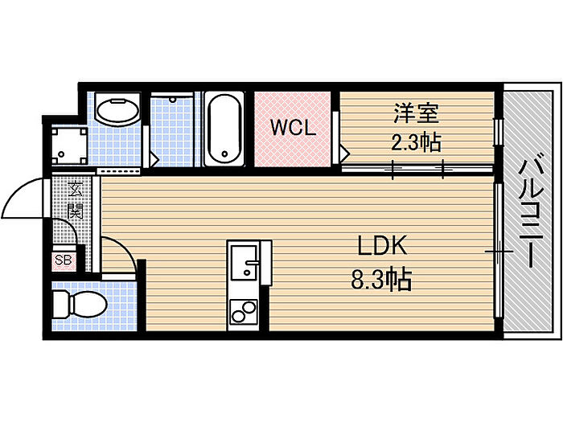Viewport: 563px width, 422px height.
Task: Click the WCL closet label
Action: [x=293, y=127]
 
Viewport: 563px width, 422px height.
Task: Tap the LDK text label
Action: [x=383, y=245]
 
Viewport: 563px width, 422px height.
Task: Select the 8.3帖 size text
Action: [x=381, y=280]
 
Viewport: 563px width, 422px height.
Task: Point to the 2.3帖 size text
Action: [x=416, y=142]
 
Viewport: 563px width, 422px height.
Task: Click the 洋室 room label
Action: [x=416, y=113]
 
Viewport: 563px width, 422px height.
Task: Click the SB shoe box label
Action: [x=64, y=260]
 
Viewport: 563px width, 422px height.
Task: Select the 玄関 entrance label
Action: [x=76, y=200]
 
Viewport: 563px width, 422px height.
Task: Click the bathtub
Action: [x=224, y=129]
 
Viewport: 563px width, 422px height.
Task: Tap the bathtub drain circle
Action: [x=224, y=154]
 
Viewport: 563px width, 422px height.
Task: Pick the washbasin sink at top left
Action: [x=117, y=111]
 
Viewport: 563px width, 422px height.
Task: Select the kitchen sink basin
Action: [x=245, y=262]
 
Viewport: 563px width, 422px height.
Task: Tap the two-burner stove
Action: [x=244, y=312]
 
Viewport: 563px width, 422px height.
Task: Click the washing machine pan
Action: [x=70, y=145]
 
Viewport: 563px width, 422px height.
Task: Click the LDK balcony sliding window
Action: [x=499, y=251]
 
